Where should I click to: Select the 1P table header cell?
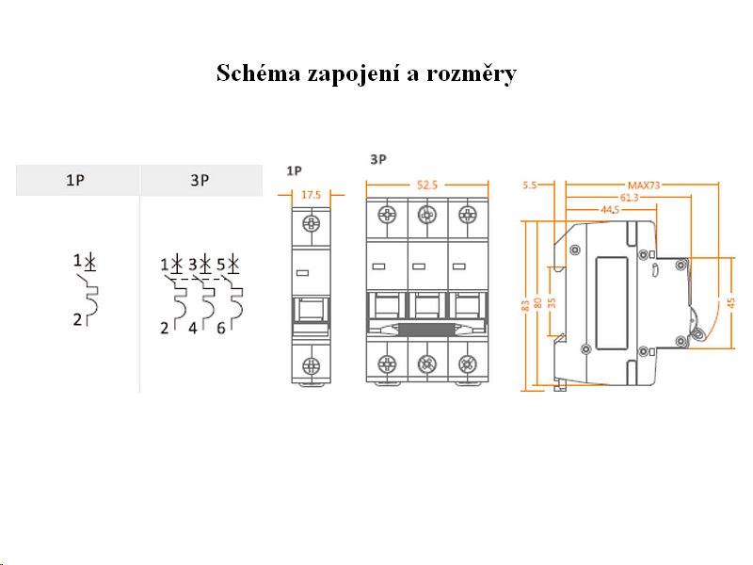(x=77, y=180)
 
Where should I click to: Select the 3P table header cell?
(x=200, y=180)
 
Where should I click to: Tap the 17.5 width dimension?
(x=311, y=194)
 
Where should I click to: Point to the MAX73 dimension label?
(x=644, y=186)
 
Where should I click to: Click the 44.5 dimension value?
(x=609, y=209)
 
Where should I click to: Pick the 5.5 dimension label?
(x=529, y=186)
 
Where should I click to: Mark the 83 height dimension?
(x=524, y=305)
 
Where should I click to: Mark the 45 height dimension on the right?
(x=731, y=303)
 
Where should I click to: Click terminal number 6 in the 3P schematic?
(x=220, y=328)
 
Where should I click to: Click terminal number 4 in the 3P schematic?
(x=193, y=328)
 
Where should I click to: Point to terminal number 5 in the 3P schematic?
(x=220, y=265)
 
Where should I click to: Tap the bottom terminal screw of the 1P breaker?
(x=311, y=365)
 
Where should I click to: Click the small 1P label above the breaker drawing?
(x=294, y=170)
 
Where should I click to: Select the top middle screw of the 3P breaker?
(x=426, y=215)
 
